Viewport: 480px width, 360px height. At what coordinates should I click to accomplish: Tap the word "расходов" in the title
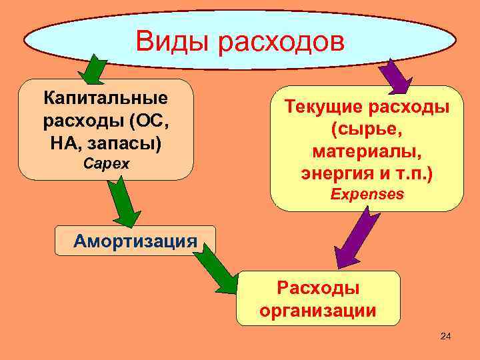pos(281,41)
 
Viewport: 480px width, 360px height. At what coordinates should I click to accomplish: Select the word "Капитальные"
pos(106,99)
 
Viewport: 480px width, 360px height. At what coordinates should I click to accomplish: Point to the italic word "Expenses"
pos(367,194)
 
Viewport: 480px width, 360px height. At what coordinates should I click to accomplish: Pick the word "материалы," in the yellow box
pos(367,152)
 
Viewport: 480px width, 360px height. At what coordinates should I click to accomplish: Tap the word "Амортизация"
pos(135,240)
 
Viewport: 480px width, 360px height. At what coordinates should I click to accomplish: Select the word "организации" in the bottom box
pos(318,310)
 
